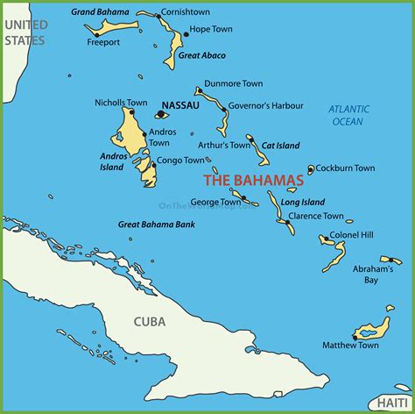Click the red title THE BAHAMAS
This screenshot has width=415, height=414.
[x=253, y=181]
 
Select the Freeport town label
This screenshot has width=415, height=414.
[x=103, y=40]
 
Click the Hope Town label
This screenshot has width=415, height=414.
[x=211, y=29]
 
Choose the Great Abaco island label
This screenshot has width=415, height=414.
[x=201, y=55]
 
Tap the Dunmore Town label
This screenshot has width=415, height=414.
[x=233, y=84]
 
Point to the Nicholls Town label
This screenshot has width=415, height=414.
[x=121, y=103]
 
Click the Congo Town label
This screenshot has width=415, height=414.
[x=182, y=161]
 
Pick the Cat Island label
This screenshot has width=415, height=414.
[x=278, y=146]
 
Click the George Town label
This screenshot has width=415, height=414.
[x=215, y=202]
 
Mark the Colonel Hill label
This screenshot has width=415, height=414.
[x=352, y=236]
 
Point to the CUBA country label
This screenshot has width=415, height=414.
[x=150, y=322]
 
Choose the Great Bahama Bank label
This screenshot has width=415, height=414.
[x=157, y=225]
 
